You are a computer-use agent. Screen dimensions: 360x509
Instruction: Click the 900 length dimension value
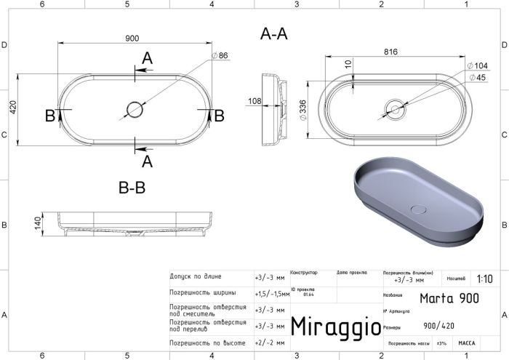pyautogui.click(x=132, y=39)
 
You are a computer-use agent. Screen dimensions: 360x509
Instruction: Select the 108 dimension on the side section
pyautogui.click(x=255, y=101)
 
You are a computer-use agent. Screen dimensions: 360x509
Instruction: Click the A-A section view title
pyautogui.click(x=273, y=33)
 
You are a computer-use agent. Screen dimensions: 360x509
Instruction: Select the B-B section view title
pyautogui.click(x=132, y=188)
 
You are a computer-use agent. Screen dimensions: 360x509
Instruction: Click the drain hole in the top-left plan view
pyautogui.click(x=135, y=110)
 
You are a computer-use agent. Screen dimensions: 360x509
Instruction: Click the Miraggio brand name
pyautogui.click(x=335, y=327)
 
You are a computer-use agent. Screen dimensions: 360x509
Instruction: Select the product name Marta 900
pyautogui.click(x=449, y=297)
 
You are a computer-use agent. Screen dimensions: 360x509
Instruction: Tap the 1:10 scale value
pyautogui.click(x=484, y=279)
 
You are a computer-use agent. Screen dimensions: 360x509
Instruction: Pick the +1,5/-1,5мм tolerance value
pyautogui.click(x=270, y=293)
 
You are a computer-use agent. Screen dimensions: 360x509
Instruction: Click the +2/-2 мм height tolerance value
pyautogui.click(x=269, y=341)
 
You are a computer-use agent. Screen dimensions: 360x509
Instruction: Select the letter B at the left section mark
pyautogui.click(x=49, y=115)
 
